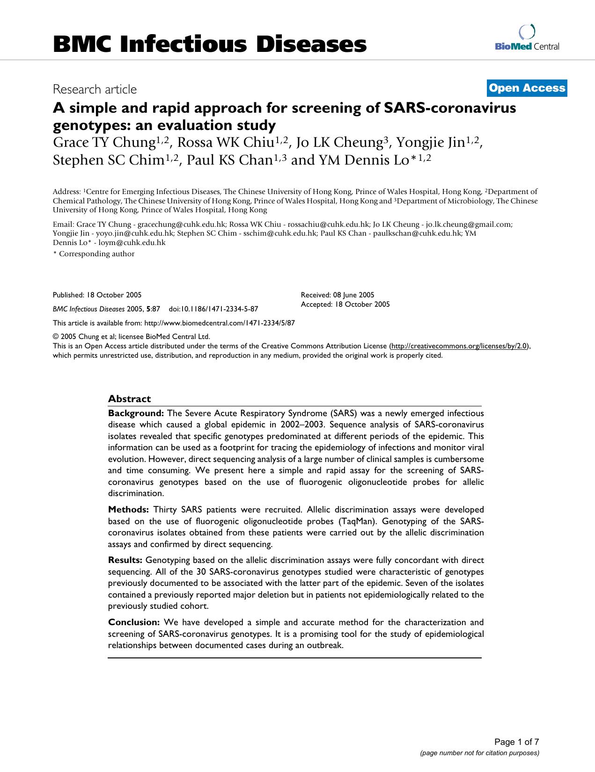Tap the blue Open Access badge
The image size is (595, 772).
tap(527, 88)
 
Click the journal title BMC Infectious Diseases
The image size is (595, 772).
tap(209, 44)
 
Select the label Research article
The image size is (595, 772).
tap(95, 89)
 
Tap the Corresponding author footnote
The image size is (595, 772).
tap(95, 254)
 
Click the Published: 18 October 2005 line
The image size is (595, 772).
tap(97, 295)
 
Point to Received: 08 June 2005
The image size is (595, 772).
tap(337, 295)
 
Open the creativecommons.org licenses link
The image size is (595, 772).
tap(460, 346)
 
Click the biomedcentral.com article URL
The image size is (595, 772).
tap(220, 323)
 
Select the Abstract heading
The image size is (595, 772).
tap(129, 398)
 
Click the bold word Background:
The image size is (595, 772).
tap(136, 413)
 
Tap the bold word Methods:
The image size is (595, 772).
tap(128, 509)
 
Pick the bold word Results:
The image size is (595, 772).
tap(125, 560)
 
